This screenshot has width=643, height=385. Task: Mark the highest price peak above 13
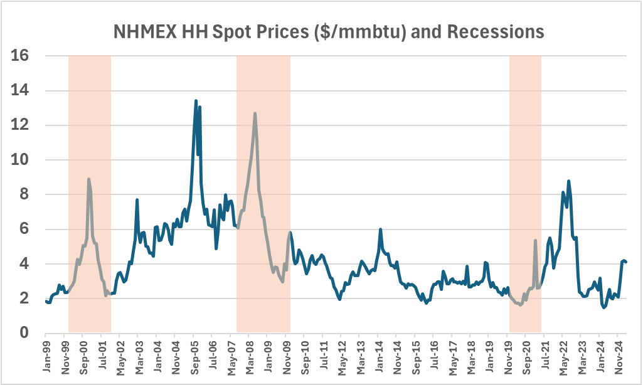pos(196,100)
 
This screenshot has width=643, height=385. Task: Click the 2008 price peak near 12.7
pos(255,113)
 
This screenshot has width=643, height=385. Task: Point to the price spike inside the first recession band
pos(88,179)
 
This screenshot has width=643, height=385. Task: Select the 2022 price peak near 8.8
pos(568,181)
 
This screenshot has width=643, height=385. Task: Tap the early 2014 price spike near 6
pos(380,229)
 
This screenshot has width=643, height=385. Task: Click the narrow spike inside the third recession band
pos(535,240)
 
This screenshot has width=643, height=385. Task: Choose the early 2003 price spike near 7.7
pos(137,200)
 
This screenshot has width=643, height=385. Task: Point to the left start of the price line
pos(46,301)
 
